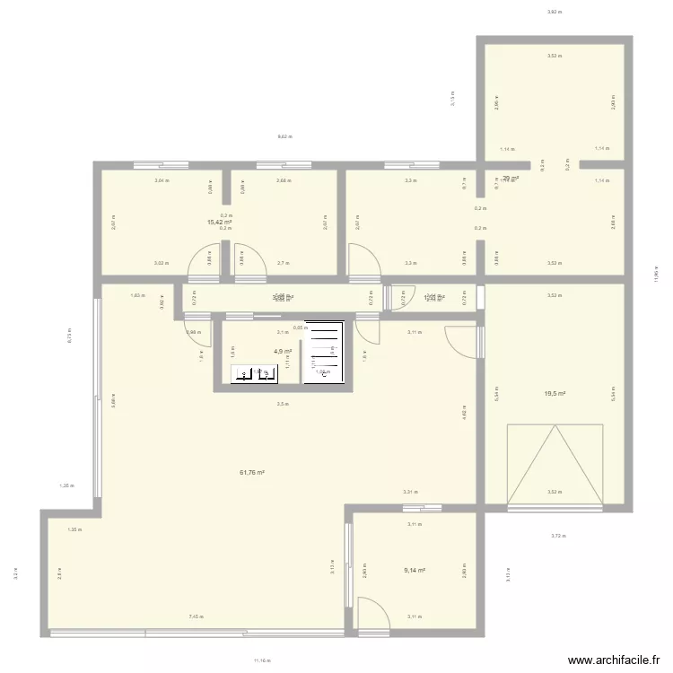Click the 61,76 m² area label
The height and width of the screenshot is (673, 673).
point(251,472)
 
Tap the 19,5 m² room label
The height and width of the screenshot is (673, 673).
point(554,393)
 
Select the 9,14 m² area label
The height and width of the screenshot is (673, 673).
point(415,570)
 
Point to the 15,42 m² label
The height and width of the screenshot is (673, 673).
point(220,222)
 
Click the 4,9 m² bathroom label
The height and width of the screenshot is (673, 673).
point(283,352)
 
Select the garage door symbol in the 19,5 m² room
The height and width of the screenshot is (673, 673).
point(554,464)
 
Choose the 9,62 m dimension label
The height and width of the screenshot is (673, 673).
point(285,136)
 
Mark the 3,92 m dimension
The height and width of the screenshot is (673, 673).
point(554,12)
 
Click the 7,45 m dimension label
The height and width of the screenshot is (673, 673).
point(196,616)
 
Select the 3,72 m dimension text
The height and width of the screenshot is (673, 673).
point(558,537)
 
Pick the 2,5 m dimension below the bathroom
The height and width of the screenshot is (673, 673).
point(283,404)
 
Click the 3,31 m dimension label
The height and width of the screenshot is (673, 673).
point(410,492)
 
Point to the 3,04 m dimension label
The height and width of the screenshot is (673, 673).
point(161,180)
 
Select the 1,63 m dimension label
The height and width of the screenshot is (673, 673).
point(136,295)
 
